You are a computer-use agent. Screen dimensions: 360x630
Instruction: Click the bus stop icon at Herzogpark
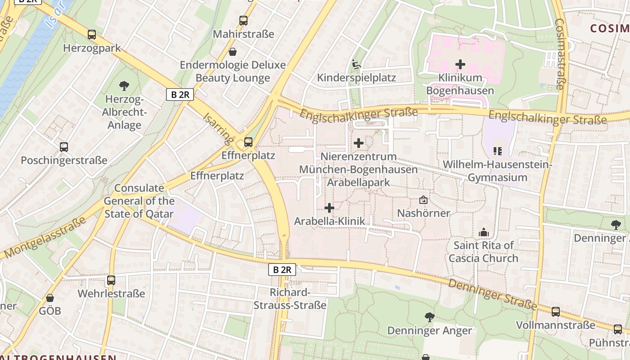pyautogui.click(x=92, y=35)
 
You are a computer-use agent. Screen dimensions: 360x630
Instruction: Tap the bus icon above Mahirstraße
pyautogui.click(x=243, y=21)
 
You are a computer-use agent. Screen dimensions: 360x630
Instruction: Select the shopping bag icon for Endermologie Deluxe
pyautogui.click(x=233, y=52)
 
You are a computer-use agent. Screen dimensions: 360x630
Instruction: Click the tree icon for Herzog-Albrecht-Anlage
pyautogui.click(x=124, y=85)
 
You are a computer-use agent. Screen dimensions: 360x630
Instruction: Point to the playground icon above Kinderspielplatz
pyautogui.click(x=356, y=64)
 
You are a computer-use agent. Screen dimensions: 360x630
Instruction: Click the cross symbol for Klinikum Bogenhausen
pyautogui.click(x=460, y=64)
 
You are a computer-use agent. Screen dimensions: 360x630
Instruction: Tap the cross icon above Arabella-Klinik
pyautogui.click(x=329, y=208)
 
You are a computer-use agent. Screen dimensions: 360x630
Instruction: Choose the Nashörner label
pyautogui.click(x=423, y=213)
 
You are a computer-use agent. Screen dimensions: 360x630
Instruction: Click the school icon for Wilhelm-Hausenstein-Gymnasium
pyautogui.click(x=497, y=151)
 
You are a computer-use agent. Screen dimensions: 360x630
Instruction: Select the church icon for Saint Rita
pyautogui.click(x=484, y=232)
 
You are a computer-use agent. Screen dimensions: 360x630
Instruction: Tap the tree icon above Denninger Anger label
pyautogui.click(x=429, y=317)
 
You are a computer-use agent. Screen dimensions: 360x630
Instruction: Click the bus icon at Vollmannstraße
pyautogui.click(x=555, y=312)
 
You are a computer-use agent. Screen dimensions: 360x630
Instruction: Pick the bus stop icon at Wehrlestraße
pyautogui.click(x=111, y=280)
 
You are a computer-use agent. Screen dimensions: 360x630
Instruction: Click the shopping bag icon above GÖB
pyautogui.click(x=49, y=298)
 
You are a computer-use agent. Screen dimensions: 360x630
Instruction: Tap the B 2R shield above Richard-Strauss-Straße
pyautogui.click(x=282, y=270)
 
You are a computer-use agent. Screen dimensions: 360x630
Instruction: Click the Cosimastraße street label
pyautogui.click(x=560, y=54)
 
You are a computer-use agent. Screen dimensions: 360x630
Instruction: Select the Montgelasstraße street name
pyautogui.click(x=45, y=238)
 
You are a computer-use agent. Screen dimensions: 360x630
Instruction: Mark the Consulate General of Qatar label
pyautogui.click(x=139, y=201)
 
